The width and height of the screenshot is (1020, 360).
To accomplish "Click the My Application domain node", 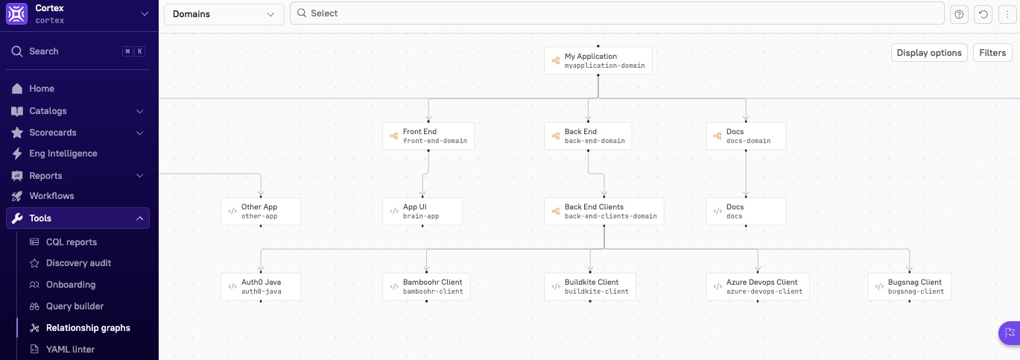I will click(x=598, y=61).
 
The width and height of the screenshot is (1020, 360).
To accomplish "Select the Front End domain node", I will click(x=428, y=136).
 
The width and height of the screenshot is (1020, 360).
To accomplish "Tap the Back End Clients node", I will click(x=604, y=212).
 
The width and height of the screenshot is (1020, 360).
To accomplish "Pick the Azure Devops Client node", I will click(x=757, y=287).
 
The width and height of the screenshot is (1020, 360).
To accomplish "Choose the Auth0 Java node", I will click(x=260, y=287).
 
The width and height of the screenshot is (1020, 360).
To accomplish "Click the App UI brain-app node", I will click(x=422, y=212).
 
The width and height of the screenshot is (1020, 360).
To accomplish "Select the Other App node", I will click(x=260, y=212).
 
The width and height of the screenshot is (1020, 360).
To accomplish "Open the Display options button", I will click(x=928, y=53).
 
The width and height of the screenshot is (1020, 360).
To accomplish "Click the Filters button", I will click(x=992, y=53).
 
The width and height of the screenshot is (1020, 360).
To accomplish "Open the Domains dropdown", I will click(x=224, y=14).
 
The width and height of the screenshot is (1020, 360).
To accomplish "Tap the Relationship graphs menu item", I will click(x=87, y=328).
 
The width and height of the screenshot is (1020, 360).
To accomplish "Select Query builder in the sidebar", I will click(x=75, y=306).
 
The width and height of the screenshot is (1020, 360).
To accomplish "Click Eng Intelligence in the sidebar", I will click(x=63, y=154).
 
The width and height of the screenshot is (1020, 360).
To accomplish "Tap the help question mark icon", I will click(x=959, y=14).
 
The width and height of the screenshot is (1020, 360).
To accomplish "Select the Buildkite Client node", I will click(x=590, y=287).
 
